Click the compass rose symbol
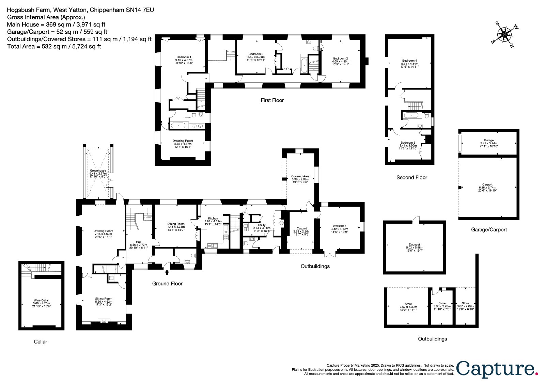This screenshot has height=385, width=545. [x=504, y=34]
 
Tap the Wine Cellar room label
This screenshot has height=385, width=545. [x=41, y=303]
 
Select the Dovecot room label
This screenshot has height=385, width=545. [x=414, y=247]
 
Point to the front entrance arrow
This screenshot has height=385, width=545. [x=167, y=272]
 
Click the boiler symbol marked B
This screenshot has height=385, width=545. [x=282, y=223]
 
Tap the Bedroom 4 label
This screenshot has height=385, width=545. [x=410, y=63]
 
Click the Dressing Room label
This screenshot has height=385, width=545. [x=183, y=144]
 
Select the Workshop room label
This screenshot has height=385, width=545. [x=339, y=229]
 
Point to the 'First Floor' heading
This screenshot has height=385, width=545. [x=272, y=100]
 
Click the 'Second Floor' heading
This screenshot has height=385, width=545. [x=412, y=178]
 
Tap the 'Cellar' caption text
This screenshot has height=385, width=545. [x=41, y=342]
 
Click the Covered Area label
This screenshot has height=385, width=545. [x=300, y=179]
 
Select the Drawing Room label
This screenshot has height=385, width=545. [x=104, y=234]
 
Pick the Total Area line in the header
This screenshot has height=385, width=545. [x=54, y=46]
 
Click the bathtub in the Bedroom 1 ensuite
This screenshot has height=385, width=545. [x=178, y=126]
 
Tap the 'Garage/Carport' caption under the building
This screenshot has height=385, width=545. [x=489, y=229]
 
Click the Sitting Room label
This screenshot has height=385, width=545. [x=104, y=301]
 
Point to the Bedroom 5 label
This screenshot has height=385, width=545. [x=408, y=145]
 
